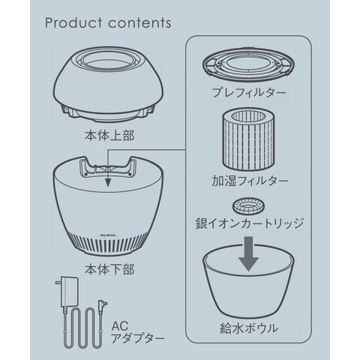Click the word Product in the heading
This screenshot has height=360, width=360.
coord(74,22)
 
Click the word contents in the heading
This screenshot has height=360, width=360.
coord(139,23)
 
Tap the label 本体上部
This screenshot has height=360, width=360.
coord(109,136)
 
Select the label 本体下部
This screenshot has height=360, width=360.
coord(109,269)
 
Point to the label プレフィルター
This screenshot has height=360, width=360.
coord(249,93)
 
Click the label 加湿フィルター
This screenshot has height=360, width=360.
coord(250,181)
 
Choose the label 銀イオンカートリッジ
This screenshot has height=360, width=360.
coord(250,223)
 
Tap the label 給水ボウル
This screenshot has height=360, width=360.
coord(249,328)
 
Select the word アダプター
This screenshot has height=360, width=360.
coord(138,339)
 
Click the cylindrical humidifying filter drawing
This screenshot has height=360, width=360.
coord(248,141)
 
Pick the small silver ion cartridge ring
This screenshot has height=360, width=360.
coord(249,206)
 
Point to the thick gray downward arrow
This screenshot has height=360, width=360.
coord(248,254)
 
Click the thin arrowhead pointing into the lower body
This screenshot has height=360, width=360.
coord(108,182)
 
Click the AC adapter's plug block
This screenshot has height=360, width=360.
coord(68,292)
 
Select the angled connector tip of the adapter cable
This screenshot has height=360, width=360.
coord(103,304)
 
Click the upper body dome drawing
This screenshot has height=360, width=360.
coord(108,85)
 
